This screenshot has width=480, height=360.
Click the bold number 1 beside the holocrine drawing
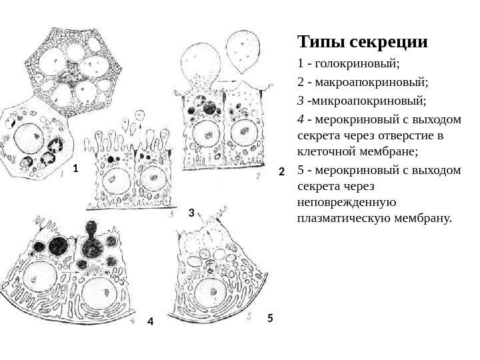pyautogui.click(x=76, y=169)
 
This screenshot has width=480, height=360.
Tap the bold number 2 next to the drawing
pyautogui.click(x=281, y=172)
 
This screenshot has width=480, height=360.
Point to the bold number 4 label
pyautogui.click(x=150, y=322)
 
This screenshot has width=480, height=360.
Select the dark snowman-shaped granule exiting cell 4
pyautogui.click(x=88, y=239)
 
